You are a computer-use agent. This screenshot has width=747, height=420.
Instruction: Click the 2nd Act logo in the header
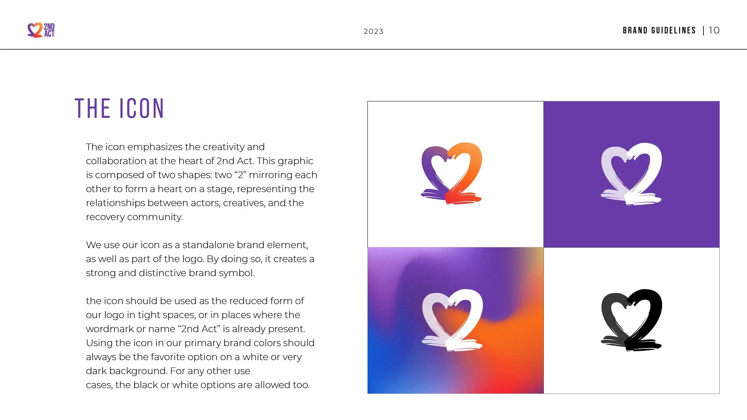[41, 30]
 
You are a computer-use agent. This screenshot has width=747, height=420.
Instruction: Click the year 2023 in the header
[373, 31]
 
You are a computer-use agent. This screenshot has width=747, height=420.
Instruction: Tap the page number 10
[714, 30]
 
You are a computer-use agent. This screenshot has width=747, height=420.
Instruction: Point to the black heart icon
[631, 320]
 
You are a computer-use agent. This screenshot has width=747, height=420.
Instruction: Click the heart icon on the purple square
[631, 174]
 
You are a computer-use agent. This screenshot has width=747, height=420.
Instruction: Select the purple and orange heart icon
[451, 173]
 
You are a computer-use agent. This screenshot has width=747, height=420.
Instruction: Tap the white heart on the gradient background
[452, 320]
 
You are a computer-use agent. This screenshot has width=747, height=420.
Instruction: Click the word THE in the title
[93, 108]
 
